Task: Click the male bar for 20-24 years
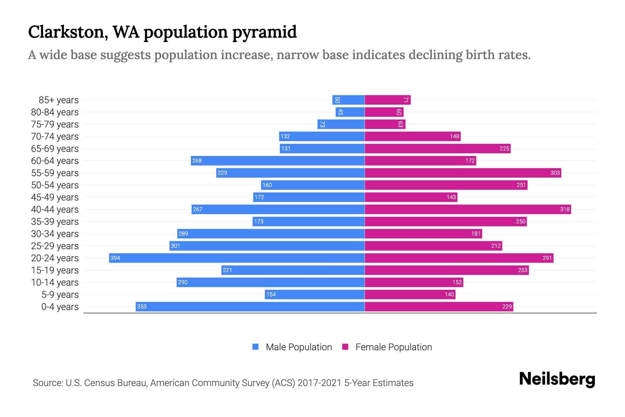click(x=237, y=258)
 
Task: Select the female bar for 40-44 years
click(x=468, y=209)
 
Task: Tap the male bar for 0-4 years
click(x=250, y=306)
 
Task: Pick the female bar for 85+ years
click(x=387, y=100)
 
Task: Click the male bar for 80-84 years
click(x=350, y=112)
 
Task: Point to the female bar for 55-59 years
click(x=463, y=173)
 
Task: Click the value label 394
click(x=115, y=258)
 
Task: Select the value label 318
click(x=565, y=209)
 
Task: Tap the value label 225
click(x=504, y=148)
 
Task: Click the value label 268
click(x=197, y=161)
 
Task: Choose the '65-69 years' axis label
click(x=55, y=148)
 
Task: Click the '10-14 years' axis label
click(x=55, y=282)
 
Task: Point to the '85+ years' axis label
click(x=59, y=100)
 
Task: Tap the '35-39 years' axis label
click(x=55, y=221)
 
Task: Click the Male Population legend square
click(x=256, y=347)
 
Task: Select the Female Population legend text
click(x=393, y=347)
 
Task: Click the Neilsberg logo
click(x=557, y=379)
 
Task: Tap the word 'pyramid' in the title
click(x=264, y=32)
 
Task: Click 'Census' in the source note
click(x=98, y=383)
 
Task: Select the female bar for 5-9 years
click(x=410, y=294)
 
